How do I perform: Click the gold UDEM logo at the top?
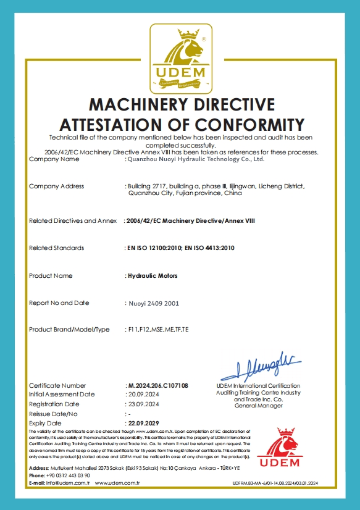[180, 59]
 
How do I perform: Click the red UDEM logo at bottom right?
[278, 447]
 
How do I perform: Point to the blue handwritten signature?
[255, 366]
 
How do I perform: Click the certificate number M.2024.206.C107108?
[157, 385]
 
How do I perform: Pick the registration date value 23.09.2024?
[143, 404]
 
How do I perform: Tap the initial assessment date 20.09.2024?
[143, 394]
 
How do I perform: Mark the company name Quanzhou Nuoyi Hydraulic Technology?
[195, 159]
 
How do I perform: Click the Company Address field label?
[57, 186]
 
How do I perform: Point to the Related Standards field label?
[57, 248]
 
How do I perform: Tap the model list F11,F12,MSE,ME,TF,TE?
[157, 330]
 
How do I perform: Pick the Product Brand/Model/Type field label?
[69, 330]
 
